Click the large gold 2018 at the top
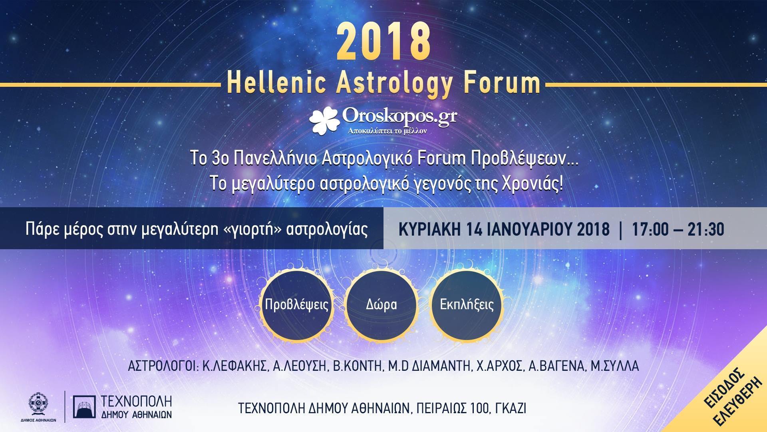[384, 42]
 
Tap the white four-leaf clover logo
[326, 120]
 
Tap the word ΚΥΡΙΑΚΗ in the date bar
[429, 230]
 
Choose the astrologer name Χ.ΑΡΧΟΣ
[499, 366]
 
